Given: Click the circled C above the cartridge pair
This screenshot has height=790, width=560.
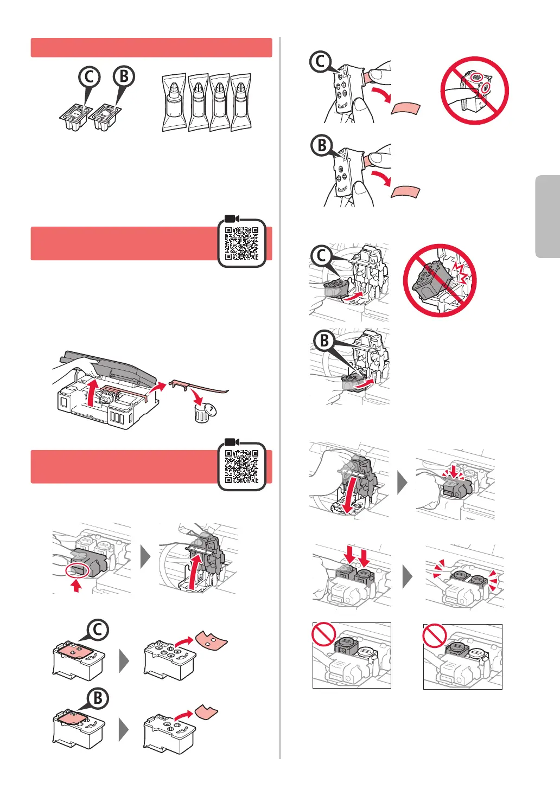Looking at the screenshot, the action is coord(90,77).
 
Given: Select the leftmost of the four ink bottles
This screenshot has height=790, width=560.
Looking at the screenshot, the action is coord(174,102).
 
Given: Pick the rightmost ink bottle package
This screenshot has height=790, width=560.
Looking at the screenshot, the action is coord(241,102).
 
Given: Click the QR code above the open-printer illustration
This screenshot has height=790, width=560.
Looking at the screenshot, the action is coord(241,243).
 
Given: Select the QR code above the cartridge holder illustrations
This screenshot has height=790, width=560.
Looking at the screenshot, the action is coord(241,466).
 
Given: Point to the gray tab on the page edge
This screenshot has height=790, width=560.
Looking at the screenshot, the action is coord(548,216).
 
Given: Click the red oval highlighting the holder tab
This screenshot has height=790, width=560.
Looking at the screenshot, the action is coord(77,571).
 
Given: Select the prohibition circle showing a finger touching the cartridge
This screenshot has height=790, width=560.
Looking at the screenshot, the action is coord(475,91).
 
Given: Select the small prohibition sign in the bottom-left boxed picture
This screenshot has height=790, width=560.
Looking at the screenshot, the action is coord(323,634).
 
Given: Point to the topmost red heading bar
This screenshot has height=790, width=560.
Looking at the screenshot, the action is coord(151,48).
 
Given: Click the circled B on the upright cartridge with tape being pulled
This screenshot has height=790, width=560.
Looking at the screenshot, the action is coord(322,145).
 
